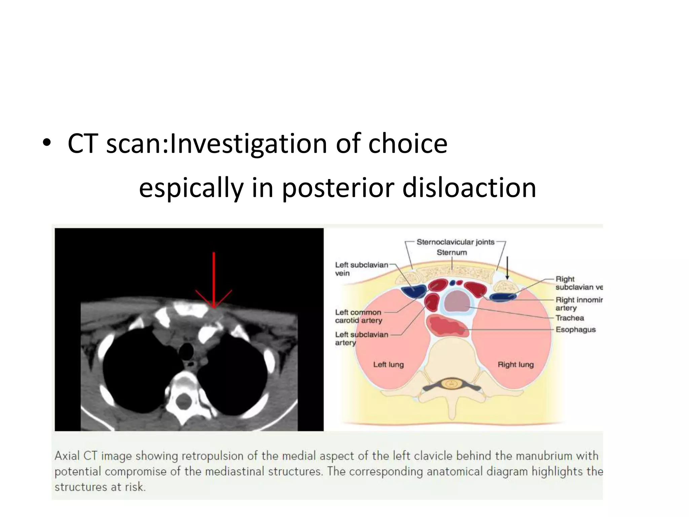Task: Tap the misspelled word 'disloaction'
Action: pos(469,188)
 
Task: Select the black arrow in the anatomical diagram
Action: pos(507,268)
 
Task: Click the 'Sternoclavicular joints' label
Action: pos(456,242)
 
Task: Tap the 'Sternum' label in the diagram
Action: pos(452,252)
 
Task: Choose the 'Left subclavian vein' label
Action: pos(361,269)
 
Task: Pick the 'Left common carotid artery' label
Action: pos(358,316)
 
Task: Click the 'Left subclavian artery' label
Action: pos(361,338)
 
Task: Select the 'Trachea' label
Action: pos(570,318)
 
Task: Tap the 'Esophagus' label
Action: pos(575,330)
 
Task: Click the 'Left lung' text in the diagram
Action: pos(388,365)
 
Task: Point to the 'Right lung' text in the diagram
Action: pos(515,365)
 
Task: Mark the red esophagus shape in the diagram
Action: pos(447,326)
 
